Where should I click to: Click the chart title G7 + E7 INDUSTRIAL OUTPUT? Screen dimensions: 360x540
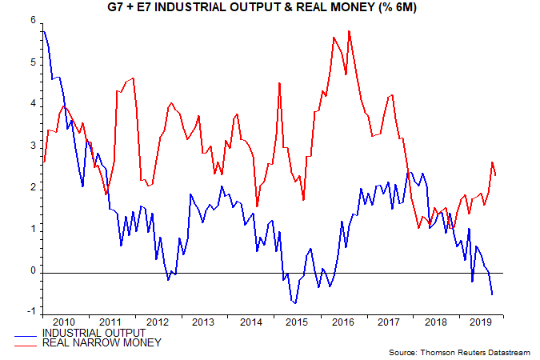[270, 9]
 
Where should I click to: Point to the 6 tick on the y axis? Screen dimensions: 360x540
[32, 20]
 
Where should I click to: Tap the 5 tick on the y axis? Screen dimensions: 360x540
[32, 62]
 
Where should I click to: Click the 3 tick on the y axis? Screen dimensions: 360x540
[32, 146]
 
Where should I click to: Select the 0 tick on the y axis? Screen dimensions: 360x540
[32, 271]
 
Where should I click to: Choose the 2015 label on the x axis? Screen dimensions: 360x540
[295, 322]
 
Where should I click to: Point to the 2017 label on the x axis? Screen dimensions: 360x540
[388, 322]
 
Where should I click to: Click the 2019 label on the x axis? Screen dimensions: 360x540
[482, 322]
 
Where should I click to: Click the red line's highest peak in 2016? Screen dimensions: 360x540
[350, 31]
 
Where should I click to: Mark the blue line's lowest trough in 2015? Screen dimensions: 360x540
[295, 303]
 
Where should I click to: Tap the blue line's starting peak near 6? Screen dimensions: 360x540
[43, 30]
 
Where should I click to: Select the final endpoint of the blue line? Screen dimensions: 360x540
[492, 294]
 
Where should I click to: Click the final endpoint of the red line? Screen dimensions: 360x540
[496, 175]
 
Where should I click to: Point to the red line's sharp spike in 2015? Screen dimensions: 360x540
[278, 83]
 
